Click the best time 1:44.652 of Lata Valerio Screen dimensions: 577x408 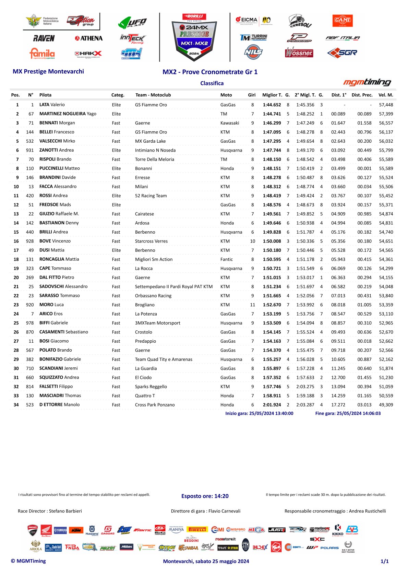[x=272, y=105]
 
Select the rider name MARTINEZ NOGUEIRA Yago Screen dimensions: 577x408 [x=68, y=114]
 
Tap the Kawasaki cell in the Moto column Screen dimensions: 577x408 [x=230, y=123]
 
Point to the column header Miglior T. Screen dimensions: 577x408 [x=272, y=95]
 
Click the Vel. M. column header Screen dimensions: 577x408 [x=386, y=95]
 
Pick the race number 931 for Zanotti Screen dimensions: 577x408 [x=30, y=150]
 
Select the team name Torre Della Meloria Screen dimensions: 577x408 [x=155, y=159]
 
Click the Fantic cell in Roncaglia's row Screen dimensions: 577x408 [x=227, y=259]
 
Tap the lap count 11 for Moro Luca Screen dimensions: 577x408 [x=253, y=305]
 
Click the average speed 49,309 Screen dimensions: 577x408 [x=386, y=405]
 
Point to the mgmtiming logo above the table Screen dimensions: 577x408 [x=367, y=82]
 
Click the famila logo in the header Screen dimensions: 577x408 [x=42, y=54]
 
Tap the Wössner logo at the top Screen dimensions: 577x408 [x=299, y=53]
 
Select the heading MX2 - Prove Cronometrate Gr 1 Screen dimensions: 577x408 [x=210, y=72]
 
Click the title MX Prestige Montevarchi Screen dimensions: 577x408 [x=48, y=71]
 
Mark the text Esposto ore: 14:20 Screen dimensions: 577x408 [x=205, y=496]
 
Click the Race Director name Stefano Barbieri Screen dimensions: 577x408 [x=65, y=511]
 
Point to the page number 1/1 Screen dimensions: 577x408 [x=385, y=561]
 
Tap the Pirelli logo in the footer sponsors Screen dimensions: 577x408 [x=197, y=530]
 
